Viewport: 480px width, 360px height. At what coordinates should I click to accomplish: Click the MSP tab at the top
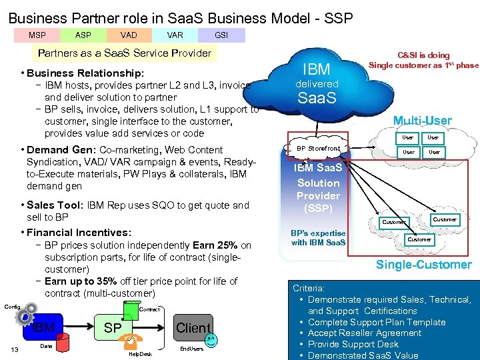point(37,35)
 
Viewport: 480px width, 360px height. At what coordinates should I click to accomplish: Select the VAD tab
point(129,35)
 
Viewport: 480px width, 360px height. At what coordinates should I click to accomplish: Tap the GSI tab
point(221,35)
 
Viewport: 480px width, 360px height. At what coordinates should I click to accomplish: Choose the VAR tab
point(175,35)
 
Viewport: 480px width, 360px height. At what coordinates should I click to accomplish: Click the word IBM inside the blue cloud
point(316,69)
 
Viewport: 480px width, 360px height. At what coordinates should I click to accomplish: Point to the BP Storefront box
point(318,148)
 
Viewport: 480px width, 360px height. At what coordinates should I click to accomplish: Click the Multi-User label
point(422,121)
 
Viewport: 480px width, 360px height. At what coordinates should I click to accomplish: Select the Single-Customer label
point(423,265)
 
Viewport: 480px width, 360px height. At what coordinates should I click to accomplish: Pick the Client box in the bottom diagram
point(193,328)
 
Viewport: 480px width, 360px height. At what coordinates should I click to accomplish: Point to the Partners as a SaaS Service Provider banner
point(125,53)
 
